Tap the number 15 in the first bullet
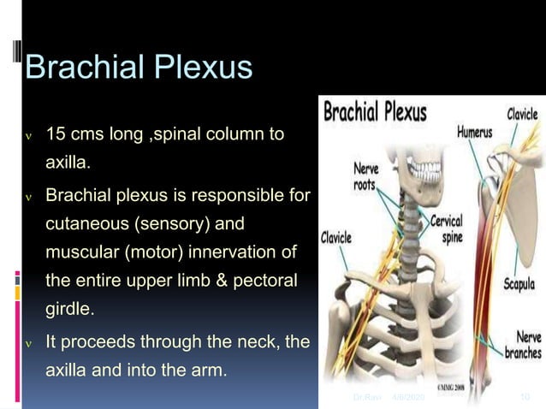[56, 135]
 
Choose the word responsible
[241, 197]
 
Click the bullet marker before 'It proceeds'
[29, 343]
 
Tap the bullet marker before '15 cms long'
[29, 136]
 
